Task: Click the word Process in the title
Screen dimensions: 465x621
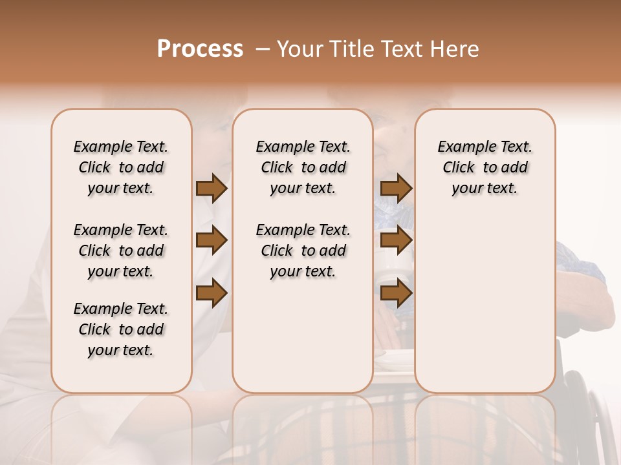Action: [200, 48]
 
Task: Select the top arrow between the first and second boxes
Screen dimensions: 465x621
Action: [212, 188]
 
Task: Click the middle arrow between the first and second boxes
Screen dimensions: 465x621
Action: [212, 241]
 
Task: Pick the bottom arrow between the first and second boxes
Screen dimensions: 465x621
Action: [212, 293]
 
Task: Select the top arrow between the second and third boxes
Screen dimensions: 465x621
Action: [396, 188]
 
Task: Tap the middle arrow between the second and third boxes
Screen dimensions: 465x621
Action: [396, 241]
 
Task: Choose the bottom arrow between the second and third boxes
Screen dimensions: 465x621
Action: [396, 293]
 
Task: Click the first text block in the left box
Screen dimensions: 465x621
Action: [121, 167]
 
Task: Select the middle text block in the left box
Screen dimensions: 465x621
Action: [121, 251]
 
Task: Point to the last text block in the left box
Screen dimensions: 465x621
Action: [121, 329]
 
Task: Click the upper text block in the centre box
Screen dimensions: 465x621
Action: [303, 167]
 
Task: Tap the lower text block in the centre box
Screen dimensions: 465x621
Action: [303, 251]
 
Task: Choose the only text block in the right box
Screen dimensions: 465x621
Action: [485, 167]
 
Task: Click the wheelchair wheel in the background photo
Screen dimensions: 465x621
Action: [589, 413]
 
